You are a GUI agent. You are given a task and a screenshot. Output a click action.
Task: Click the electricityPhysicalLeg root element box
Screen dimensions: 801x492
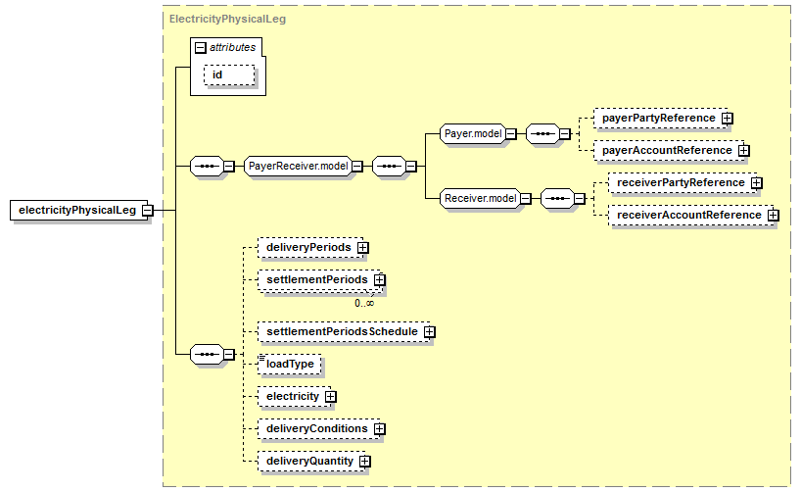pos(78,210)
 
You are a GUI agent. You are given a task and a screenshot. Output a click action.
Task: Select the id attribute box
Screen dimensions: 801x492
pos(229,75)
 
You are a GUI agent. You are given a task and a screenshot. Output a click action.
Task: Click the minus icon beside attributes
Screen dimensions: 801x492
pos(201,48)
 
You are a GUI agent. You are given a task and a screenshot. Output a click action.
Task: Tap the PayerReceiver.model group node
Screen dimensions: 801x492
pos(298,167)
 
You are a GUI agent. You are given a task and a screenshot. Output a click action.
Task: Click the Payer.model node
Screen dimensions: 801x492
pos(473,134)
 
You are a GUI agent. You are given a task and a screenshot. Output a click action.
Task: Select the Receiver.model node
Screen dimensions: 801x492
pos(480,198)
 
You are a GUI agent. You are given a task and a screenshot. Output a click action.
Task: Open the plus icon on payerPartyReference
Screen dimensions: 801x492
pos(728,119)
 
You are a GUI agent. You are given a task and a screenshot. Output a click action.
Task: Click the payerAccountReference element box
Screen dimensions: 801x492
pos(669,150)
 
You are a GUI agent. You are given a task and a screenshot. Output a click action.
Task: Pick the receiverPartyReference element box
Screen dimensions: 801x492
pos(683,182)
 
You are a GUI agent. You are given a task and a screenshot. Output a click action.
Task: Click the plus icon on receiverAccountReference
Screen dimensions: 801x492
pos(774,216)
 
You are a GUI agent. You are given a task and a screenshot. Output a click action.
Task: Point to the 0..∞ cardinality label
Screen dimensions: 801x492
pos(364,303)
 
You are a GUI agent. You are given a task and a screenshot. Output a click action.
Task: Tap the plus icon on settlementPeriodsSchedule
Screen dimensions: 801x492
pos(430,332)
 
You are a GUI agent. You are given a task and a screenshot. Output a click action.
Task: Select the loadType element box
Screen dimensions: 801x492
pos(290,365)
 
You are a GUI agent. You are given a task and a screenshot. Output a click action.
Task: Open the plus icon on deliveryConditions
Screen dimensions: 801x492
pos(380,429)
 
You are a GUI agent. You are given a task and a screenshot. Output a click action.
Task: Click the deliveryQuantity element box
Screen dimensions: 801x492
pos(312,462)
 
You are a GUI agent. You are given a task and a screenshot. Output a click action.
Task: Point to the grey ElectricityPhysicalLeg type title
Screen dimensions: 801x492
pos(227,20)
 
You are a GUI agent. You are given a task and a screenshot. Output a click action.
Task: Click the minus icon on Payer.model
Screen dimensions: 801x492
pos(511,134)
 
